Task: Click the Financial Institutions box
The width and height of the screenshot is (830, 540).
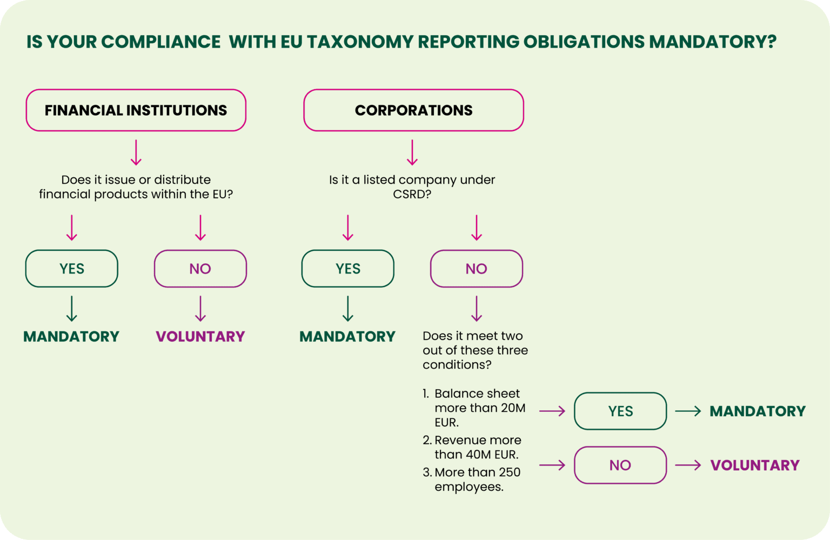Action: (136, 110)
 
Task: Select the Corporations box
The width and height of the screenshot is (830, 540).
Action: (413, 110)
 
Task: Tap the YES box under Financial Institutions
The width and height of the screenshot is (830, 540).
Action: (71, 269)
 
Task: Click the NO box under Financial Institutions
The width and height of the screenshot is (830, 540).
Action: (200, 269)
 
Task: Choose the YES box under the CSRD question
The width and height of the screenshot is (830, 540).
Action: (347, 269)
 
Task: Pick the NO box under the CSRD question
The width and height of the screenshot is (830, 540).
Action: (476, 269)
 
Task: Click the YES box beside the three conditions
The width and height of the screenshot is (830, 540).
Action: (620, 411)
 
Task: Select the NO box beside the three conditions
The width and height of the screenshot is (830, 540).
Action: (620, 465)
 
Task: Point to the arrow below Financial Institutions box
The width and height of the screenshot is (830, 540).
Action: (136, 152)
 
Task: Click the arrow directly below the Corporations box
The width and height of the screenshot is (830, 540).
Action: (412, 152)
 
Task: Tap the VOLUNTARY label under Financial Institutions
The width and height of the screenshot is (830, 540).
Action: (200, 337)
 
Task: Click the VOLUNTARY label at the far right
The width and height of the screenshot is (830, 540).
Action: (754, 465)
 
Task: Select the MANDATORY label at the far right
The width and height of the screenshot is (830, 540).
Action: (757, 411)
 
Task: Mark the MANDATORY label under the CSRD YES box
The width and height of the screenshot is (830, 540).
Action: (347, 337)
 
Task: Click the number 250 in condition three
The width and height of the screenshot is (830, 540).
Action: (510, 472)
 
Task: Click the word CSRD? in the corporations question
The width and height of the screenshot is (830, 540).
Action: (412, 194)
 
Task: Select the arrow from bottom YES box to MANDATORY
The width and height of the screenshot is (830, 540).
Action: (688, 411)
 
